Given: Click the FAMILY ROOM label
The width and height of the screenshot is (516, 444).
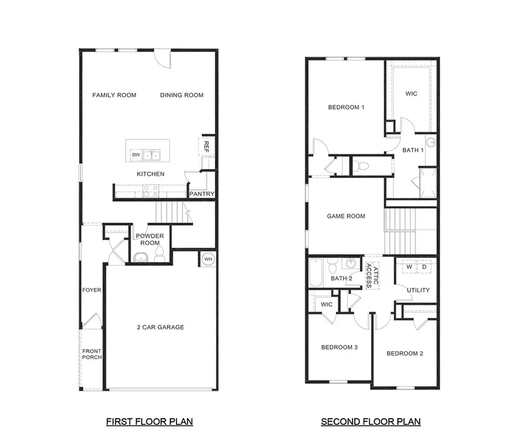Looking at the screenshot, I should coord(114,95).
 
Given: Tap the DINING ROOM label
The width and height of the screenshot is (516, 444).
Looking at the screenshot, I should coord(182,95).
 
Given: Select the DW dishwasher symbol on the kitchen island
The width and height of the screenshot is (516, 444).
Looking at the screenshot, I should coord(136,155).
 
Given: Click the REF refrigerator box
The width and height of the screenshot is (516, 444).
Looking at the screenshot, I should coord(206,146).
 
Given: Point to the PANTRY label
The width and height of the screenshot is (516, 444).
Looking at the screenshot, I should coord(202,194).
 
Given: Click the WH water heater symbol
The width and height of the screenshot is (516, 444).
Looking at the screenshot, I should coord(208,260).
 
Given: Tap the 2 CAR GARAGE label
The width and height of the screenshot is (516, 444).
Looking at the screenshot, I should coord(160,327).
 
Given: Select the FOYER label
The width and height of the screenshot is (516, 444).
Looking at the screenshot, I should coord(92,290).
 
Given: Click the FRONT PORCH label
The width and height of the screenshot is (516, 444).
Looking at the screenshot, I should coord(92,354).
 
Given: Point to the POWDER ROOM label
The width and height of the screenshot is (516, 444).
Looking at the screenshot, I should coord(150,239).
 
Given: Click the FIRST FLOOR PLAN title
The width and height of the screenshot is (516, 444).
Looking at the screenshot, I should coord(149,422).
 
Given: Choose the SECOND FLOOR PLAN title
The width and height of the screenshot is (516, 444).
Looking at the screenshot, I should coord(370,422).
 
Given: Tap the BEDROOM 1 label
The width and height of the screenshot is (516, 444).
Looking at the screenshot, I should coord(346,107).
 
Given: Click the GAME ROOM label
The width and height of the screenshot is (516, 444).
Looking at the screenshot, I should coord(346,216).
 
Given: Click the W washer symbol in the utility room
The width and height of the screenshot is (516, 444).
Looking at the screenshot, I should coord(409,267).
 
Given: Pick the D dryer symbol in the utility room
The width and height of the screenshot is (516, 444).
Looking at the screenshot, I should coord(424,267).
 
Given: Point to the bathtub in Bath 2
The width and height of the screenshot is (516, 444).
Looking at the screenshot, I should coord(316,273).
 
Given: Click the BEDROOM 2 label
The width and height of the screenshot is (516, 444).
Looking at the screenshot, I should coord(405,353).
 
